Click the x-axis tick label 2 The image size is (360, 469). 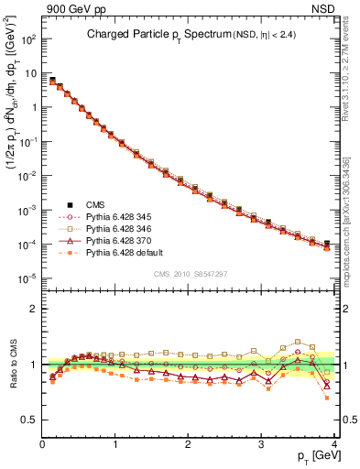click(188, 443)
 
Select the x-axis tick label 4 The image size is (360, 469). click(334, 443)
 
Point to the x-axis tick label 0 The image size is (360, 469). click(42, 443)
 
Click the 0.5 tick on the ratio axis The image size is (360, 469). click(31, 420)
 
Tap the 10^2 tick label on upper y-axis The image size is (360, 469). click(27, 40)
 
